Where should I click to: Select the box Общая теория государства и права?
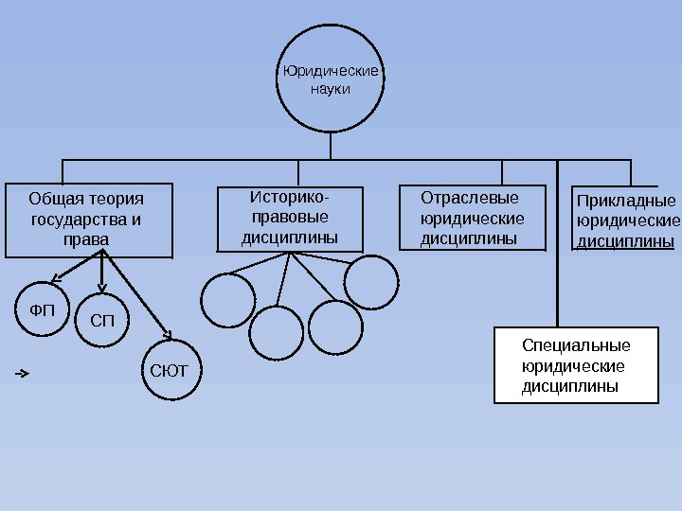click(x=89, y=220)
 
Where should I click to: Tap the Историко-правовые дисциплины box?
click(x=290, y=220)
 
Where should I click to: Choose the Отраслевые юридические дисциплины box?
click(x=472, y=218)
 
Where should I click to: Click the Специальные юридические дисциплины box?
click(x=576, y=365)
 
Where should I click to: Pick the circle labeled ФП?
click(x=44, y=310)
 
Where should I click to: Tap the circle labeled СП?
click(x=101, y=321)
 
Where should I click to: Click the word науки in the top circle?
click(x=331, y=88)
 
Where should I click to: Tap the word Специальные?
click(x=576, y=344)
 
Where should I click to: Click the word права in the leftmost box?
click(x=85, y=240)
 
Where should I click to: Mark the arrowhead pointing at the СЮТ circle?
click(x=169, y=334)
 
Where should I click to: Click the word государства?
click(x=80, y=220)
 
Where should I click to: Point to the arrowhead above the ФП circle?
click(x=54, y=279)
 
